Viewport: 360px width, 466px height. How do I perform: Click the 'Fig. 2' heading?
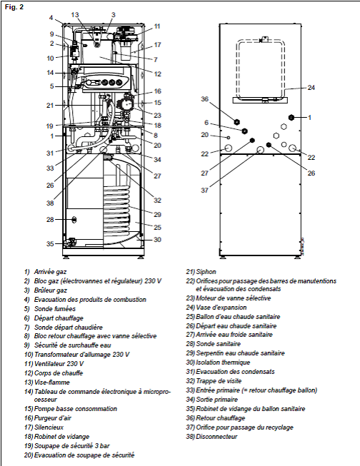click(x=14, y=7)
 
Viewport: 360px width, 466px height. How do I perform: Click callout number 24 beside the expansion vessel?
click(x=311, y=88)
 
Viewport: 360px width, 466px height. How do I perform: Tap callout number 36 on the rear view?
click(x=205, y=98)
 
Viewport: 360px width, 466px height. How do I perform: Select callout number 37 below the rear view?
click(x=205, y=190)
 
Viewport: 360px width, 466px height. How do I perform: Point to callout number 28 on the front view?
click(x=50, y=219)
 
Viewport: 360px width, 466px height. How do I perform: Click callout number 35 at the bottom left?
click(x=50, y=243)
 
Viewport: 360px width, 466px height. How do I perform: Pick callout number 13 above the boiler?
click(x=75, y=15)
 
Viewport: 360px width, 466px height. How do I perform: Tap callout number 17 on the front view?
click(x=157, y=44)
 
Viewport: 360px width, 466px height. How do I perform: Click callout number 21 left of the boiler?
click(x=50, y=105)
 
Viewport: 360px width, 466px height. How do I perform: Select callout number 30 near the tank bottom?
click(x=157, y=240)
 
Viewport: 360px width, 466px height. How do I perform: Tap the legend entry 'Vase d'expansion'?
click(x=221, y=308)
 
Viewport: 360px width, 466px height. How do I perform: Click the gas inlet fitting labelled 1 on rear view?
click(x=291, y=117)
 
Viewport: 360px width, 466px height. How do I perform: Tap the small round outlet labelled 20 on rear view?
click(x=228, y=137)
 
